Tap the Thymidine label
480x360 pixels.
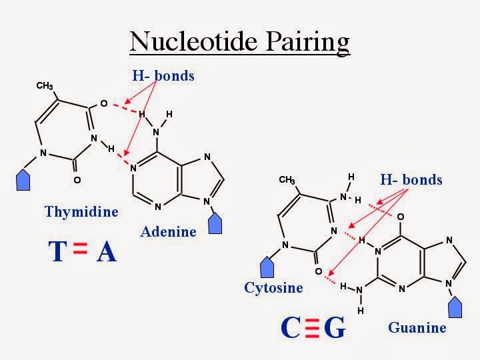pyautogui.click(x=81, y=212)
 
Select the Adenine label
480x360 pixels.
pyautogui.click(x=169, y=231)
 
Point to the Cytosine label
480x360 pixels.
pyautogui.click(x=273, y=287)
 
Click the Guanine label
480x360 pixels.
pyautogui.click(x=417, y=327)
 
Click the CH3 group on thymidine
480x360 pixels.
pyautogui.click(x=45, y=86)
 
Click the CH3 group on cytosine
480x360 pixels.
pyautogui.click(x=287, y=180)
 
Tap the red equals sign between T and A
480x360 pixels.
pyautogui.click(x=80, y=251)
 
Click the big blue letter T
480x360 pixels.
pyautogui.click(x=57, y=252)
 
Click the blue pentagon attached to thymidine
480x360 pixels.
pyautogui.click(x=22, y=179)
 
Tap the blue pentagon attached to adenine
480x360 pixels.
pyautogui.click(x=215, y=223)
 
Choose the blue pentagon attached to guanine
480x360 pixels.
pyautogui.click(x=456, y=307)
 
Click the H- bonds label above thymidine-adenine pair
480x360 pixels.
pyautogui.click(x=163, y=75)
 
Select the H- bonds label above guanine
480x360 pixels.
pyautogui.click(x=411, y=179)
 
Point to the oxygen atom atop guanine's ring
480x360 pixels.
pyautogui.click(x=400, y=216)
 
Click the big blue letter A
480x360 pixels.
pyautogui.click(x=106, y=252)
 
